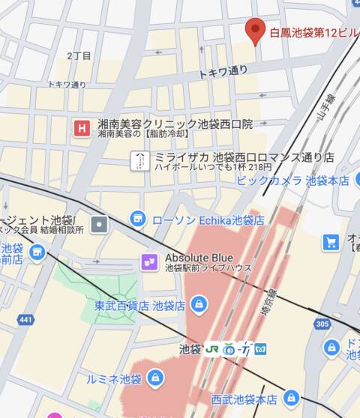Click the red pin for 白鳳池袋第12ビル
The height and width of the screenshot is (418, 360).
256,30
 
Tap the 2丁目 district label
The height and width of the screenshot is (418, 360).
79,56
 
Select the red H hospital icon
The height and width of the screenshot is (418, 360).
81,128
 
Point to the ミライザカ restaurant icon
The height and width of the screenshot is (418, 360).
139,160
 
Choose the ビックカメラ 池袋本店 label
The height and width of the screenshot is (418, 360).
292,181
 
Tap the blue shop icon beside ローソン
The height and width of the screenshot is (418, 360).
137,219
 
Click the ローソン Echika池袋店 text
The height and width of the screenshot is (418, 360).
208,220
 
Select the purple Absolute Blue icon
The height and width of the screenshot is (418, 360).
149,261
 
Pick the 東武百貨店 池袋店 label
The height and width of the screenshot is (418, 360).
139,306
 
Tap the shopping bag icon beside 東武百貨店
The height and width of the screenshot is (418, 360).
199,304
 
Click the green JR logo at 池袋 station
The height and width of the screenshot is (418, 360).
213,349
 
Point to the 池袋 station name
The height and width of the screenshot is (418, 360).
190,349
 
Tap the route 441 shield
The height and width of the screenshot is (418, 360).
25,320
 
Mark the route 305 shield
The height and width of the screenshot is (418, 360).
322,324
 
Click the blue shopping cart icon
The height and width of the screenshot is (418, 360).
331,242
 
